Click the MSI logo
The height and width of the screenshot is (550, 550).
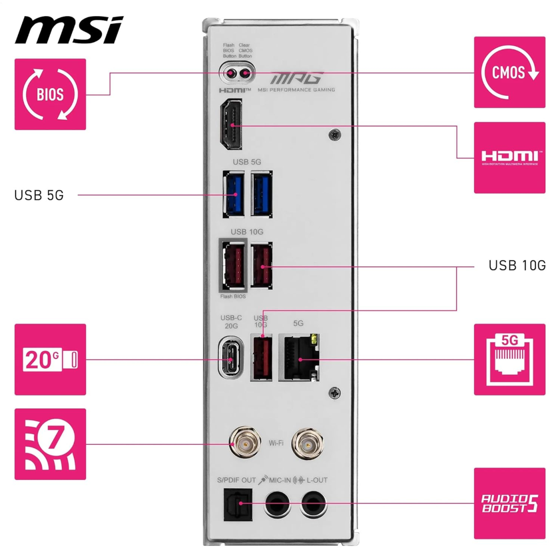pyautogui.click(x=69, y=30)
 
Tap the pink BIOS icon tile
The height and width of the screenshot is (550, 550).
pyautogui.click(x=50, y=94)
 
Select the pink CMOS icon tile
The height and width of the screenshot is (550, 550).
pyautogui.click(x=510, y=72)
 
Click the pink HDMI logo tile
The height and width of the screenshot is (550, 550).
pyautogui.click(x=510, y=158)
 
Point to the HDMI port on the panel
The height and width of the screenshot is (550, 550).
pyautogui.click(x=231, y=124)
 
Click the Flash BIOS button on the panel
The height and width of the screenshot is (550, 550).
pyautogui.click(x=231, y=74)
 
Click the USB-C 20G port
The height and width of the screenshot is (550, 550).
pyautogui.click(x=231, y=357)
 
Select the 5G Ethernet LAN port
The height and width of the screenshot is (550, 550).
pyautogui.click(x=299, y=357)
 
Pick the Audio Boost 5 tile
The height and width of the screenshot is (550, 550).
pyautogui.click(x=510, y=503)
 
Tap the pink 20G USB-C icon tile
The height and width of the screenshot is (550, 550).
pyautogui.click(x=50, y=359)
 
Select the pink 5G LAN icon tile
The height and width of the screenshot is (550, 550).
pyautogui.click(x=510, y=359)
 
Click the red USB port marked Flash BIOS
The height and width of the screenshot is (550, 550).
pyautogui.click(x=233, y=265)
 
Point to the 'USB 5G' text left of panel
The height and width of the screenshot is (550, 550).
pyautogui.click(x=39, y=195)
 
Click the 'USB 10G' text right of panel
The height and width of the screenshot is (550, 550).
pyautogui.click(x=517, y=265)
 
